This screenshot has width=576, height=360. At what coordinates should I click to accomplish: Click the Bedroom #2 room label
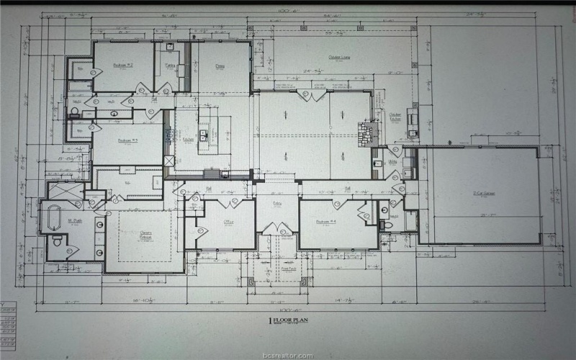point(122,66)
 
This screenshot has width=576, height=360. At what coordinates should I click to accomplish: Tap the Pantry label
point(171,65)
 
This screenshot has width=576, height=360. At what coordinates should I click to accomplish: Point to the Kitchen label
point(188,139)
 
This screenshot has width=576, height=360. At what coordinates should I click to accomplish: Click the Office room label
point(229,222)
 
